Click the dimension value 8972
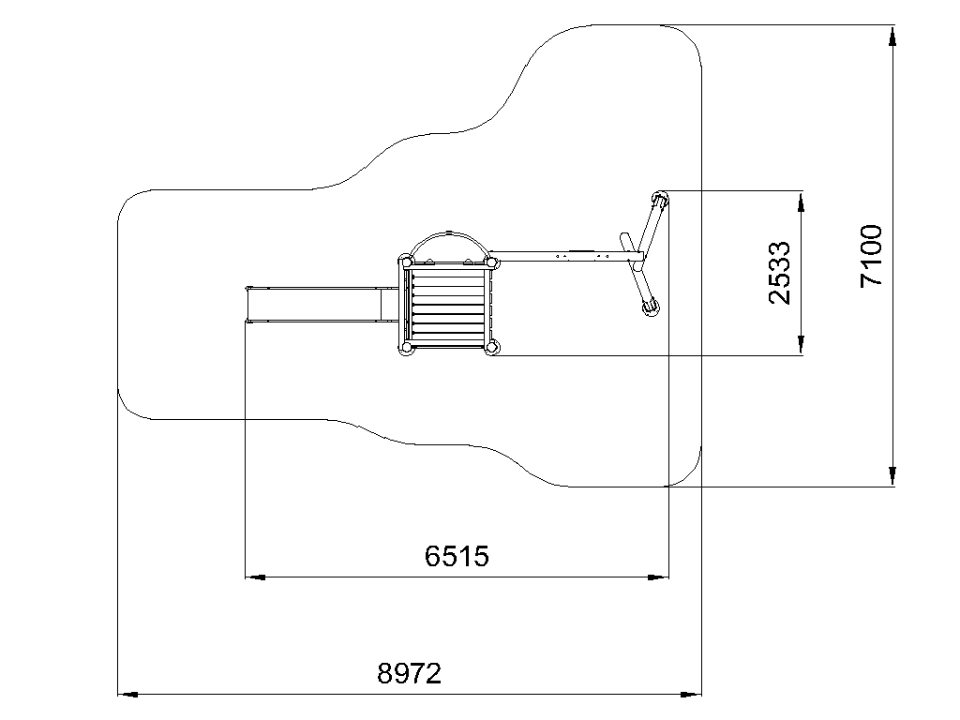(409, 673)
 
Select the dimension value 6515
(457, 556)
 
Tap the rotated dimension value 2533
(779, 273)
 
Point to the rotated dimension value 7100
(871, 256)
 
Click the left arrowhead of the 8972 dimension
(127, 695)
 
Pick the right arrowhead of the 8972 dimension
(691, 695)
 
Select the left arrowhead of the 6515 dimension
(255, 577)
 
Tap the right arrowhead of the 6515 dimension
(658, 577)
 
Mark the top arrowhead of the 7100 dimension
(892, 36)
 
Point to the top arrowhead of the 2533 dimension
(801, 202)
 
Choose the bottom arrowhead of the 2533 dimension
(801, 345)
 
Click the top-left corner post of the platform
(405, 262)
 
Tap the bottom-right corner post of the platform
(491, 348)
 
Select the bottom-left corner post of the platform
(405, 348)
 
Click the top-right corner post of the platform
(491, 262)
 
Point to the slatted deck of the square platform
(448, 305)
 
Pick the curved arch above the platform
(449, 233)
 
